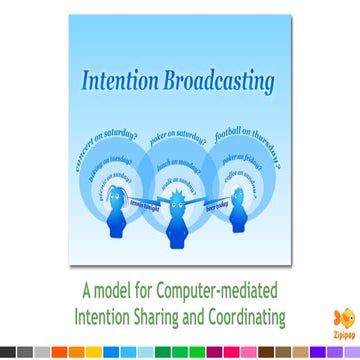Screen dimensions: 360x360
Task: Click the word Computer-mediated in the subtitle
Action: click(x=216, y=293)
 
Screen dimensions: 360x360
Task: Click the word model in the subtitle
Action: click(x=118, y=293)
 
